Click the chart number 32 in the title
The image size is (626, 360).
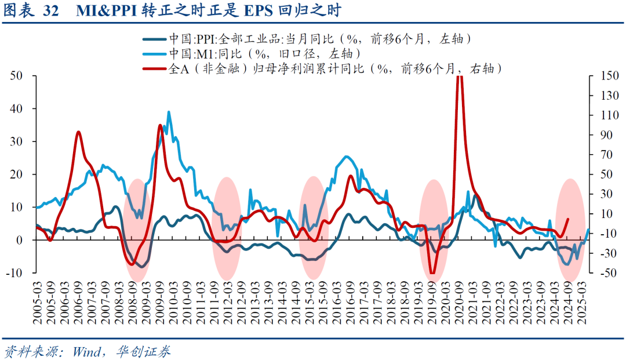click(50, 11)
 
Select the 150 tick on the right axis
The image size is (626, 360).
click(603, 76)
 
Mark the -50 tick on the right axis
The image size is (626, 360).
click(602, 272)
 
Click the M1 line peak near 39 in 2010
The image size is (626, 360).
click(169, 112)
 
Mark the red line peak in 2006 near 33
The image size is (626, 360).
click(78, 132)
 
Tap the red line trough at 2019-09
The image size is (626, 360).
click(432, 272)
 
